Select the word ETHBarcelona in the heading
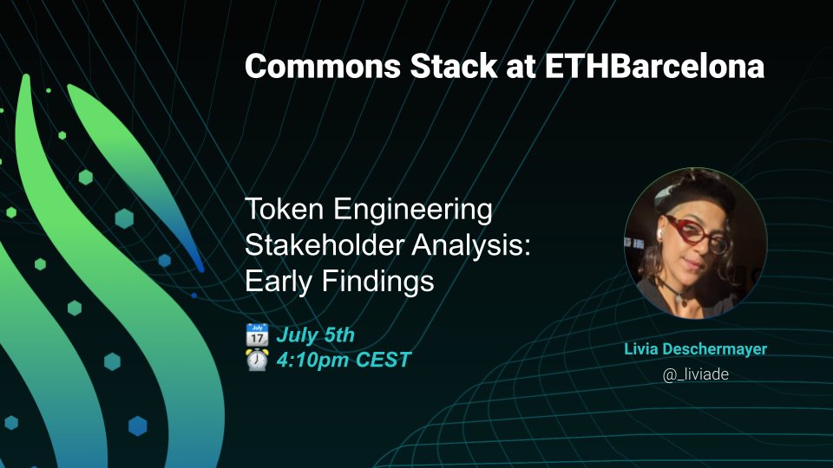(x=654, y=67)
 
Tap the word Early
(x=277, y=283)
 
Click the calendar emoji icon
(x=257, y=335)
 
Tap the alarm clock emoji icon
(x=257, y=360)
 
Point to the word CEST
(x=383, y=360)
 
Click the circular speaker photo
(x=695, y=250)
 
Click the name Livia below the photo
(x=642, y=350)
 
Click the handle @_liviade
(x=695, y=375)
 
